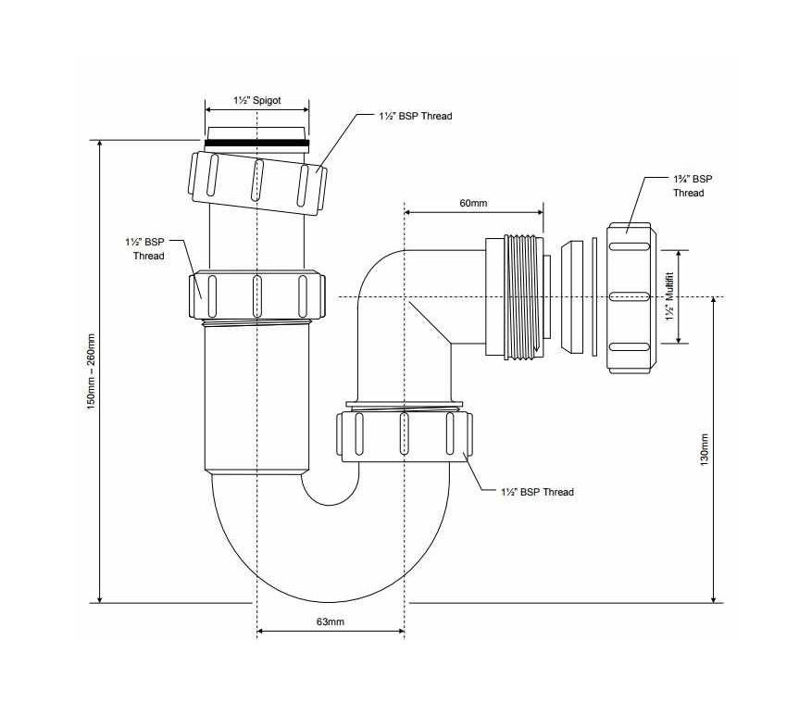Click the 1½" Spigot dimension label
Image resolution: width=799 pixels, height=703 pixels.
[257, 100]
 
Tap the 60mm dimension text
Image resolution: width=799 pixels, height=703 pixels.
[473, 203]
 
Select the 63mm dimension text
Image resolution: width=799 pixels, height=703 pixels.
[331, 621]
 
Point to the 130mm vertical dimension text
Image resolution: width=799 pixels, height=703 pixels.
[705, 449]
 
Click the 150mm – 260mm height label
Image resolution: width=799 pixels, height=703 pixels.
[92, 371]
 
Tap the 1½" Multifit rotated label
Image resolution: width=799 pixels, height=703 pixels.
[670, 296]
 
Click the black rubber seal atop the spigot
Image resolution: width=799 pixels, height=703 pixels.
[256, 144]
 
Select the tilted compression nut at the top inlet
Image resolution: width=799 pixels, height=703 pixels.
[257, 182]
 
